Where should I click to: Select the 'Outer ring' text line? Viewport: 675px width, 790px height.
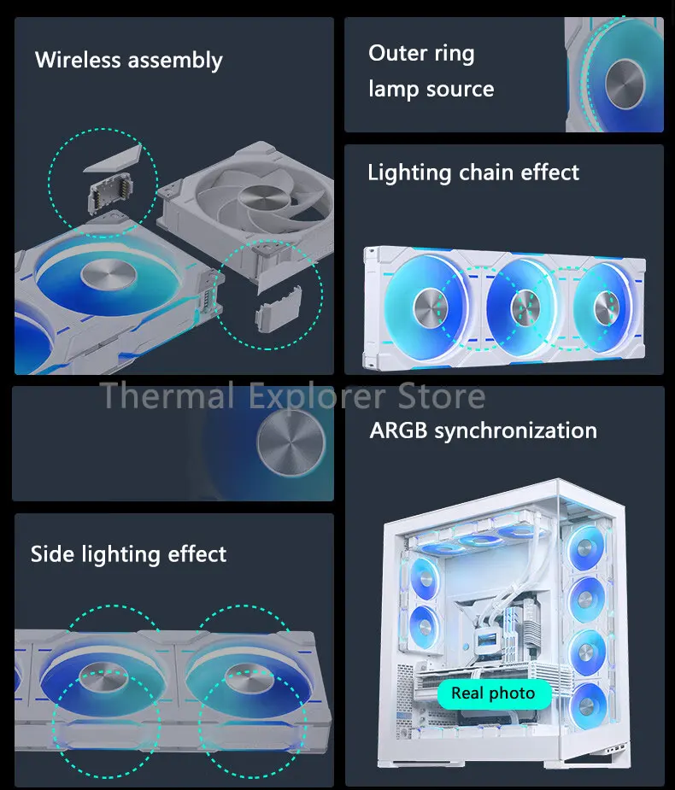coord(421,54)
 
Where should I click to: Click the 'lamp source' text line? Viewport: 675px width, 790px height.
coord(431,89)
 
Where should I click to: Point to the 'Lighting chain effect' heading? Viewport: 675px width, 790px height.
coord(472,173)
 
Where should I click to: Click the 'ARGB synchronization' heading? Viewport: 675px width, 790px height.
coord(483,430)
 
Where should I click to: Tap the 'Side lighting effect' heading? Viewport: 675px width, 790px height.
coord(128,554)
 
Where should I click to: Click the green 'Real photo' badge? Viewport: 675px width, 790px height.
coord(493,693)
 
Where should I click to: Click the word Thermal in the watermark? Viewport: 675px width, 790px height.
coord(167,396)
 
